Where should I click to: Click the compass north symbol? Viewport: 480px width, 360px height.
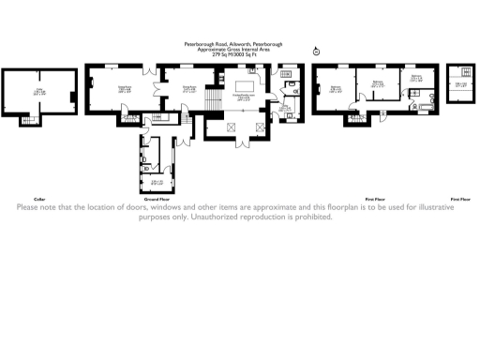point(316,51)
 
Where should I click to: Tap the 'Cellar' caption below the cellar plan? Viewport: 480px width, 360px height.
point(39,200)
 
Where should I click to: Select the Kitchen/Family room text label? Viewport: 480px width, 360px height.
point(243,97)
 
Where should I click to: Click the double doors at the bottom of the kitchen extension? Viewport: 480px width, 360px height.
point(243,142)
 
